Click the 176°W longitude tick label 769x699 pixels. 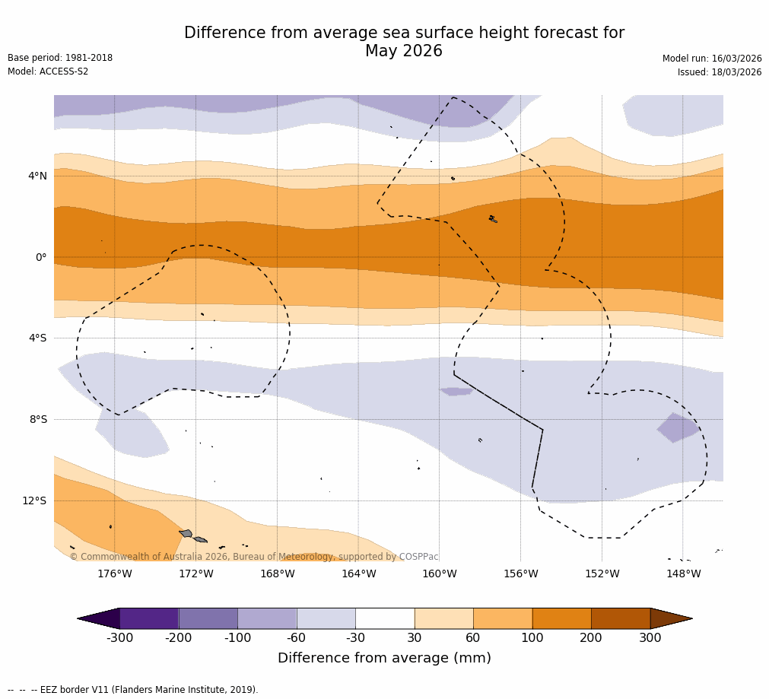coord(114,573)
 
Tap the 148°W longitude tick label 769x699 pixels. coord(683,573)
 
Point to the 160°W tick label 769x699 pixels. coord(439,573)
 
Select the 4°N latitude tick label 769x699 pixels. coord(37,176)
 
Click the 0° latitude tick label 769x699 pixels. coord(41,257)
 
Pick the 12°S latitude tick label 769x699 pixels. coord(34,500)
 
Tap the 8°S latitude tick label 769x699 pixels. coord(38,419)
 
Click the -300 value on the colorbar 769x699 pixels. coord(119,638)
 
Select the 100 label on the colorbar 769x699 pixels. coord(532,638)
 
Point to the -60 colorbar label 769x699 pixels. coord(297,638)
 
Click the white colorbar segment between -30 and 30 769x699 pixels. coord(385,618)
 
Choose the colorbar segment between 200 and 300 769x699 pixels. coord(621,618)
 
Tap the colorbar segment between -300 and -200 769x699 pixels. coord(149,618)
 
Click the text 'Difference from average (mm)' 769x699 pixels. coord(384,658)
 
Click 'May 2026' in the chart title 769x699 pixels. coord(404,52)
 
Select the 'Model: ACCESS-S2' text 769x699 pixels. coord(48,71)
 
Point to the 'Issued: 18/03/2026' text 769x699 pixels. coord(720,72)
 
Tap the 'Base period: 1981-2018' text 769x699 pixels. coord(60,58)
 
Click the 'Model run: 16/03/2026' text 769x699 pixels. coord(712,59)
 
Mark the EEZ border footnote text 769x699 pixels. coord(133,690)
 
